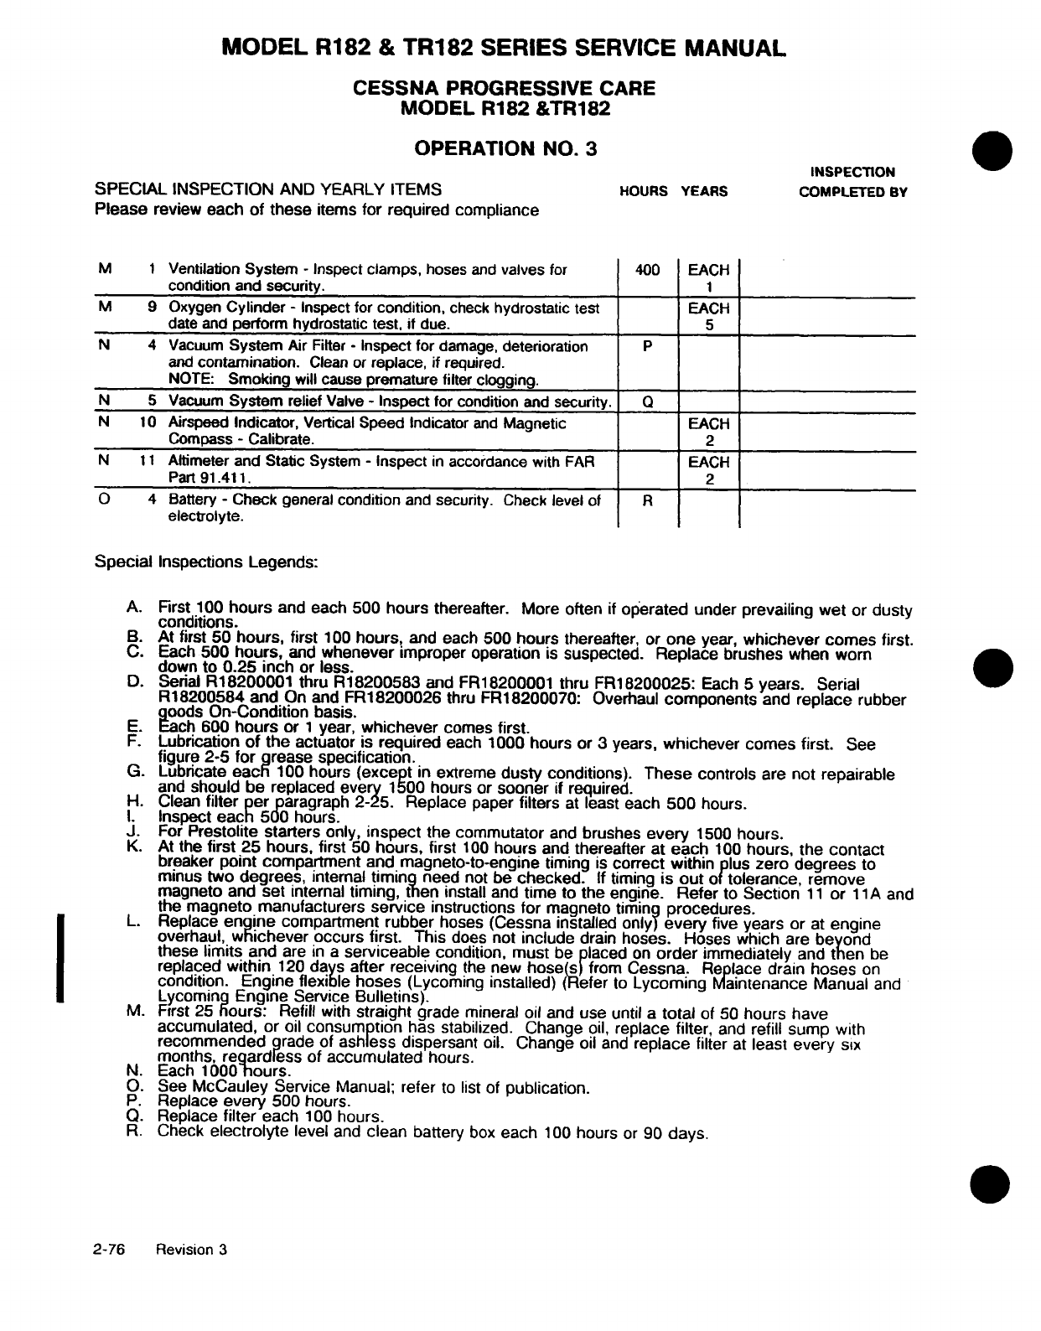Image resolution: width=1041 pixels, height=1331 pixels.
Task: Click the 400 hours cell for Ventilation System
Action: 648,270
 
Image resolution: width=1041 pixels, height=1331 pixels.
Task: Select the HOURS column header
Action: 643,191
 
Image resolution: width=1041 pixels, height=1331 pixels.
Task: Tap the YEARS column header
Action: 704,191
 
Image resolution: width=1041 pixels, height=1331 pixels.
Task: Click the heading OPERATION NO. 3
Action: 505,148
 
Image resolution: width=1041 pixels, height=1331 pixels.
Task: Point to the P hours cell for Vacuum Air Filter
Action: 648,346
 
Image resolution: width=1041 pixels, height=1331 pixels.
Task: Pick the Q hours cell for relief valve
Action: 648,401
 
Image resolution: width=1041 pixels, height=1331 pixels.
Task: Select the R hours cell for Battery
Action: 648,500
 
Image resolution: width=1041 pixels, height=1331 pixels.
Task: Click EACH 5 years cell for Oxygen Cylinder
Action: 709,317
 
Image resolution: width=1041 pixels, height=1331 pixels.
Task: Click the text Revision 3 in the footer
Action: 192,1250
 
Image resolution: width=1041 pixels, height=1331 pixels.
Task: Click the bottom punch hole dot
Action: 992,1183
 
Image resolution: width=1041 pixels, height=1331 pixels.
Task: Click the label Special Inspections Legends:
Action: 206,562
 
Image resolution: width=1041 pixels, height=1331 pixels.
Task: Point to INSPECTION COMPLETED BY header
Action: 852,182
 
